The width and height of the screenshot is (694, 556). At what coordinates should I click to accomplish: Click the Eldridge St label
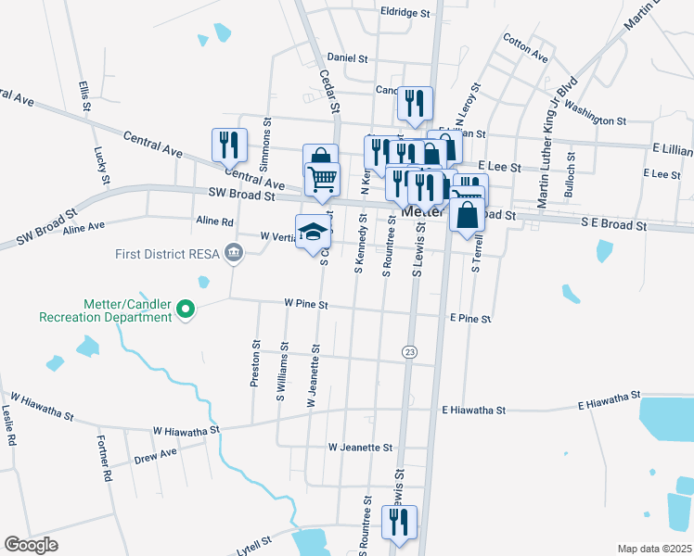coord(405,14)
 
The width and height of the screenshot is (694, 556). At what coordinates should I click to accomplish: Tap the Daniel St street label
coord(348,57)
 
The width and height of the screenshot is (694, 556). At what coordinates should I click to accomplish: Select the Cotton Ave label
coord(525,47)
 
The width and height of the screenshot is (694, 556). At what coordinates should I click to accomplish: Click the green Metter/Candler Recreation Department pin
coord(186,309)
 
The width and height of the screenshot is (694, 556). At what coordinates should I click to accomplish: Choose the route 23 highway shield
coord(409,351)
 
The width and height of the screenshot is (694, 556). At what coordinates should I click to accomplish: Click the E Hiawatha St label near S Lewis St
coord(473,410)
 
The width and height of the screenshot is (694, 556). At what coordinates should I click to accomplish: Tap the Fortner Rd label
coord(104,460)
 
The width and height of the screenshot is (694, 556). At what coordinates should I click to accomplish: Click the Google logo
coord(31,545)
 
